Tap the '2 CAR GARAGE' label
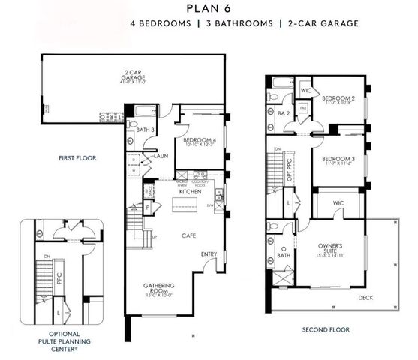point(134,76)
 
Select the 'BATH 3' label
point(146,130)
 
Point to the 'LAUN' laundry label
point(161,156)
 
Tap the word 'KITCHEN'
point(191,193)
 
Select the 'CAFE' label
point(188,235)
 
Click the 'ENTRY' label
point(209,254)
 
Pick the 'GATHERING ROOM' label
point(158,289)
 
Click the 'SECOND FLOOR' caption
point(326,329)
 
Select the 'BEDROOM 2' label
point(338,99)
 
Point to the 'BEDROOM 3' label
point(338,160)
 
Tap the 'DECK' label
point(365,297)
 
